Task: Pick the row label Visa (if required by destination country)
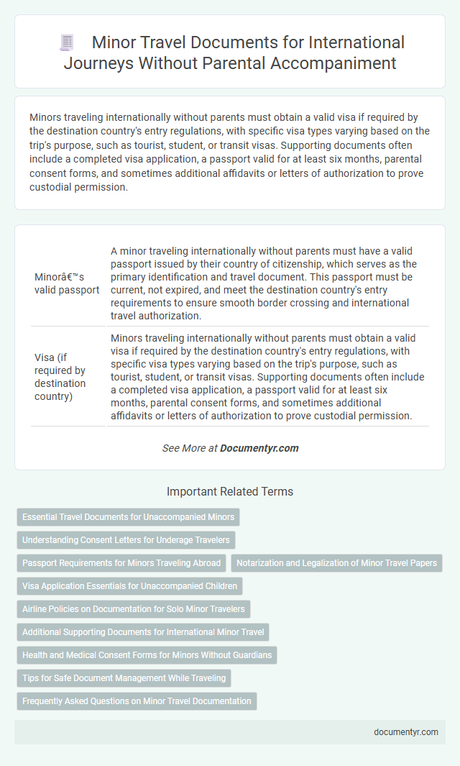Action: tap(60, 376)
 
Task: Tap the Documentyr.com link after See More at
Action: tap(259, 447)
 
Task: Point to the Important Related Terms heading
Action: tap(229, 492)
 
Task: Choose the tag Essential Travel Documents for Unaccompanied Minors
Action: tap(129, 516)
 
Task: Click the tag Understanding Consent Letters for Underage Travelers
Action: tap(126, 539)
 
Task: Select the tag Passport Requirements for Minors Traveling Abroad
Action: tap(121, 562)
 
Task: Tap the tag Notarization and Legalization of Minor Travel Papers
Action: tap(337, 562)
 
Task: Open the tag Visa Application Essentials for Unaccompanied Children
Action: tap(129, 585)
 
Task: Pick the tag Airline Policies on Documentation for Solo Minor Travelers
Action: tap(134, 608)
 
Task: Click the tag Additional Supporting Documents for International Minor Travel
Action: tap(143, 632)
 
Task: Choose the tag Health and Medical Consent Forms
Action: tap(147, 655)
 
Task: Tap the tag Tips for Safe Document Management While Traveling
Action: tap(124, 678)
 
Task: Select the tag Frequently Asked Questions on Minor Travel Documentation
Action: tap(137, 701)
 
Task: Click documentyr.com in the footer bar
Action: tap(405, 731)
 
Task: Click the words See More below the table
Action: tap(181, 447)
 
